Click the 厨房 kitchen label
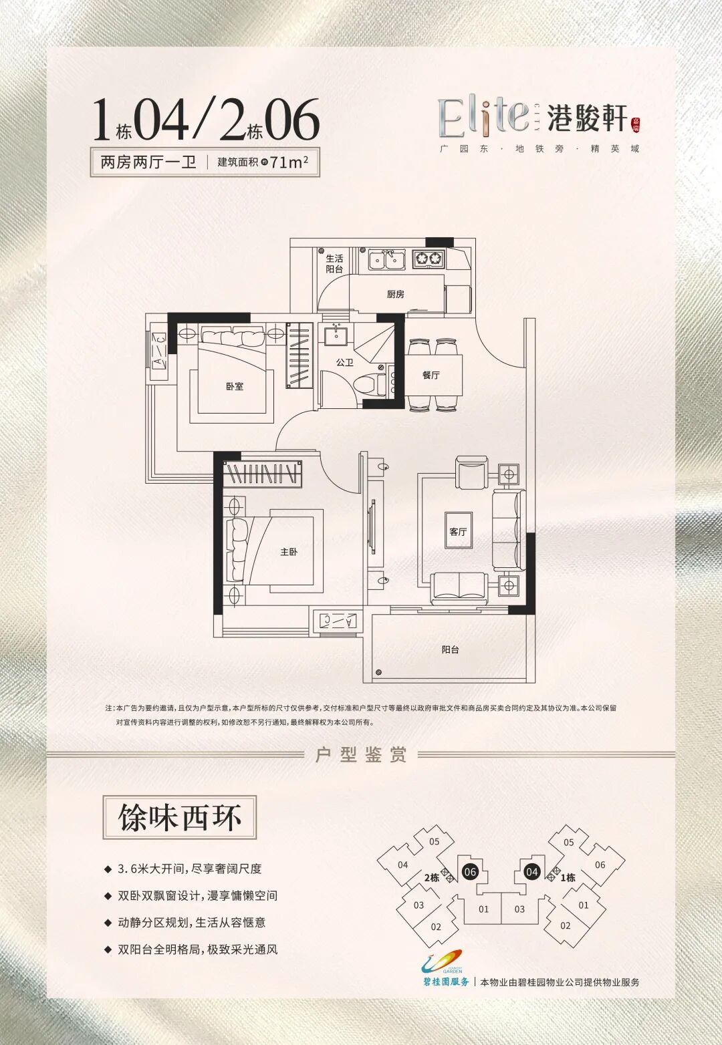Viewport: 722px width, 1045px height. (395, 294)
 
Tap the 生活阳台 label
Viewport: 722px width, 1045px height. (334, 264)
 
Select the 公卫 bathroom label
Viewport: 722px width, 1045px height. (344, 363)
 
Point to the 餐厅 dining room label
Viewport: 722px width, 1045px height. (431, 375)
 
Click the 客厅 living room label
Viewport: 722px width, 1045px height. (458, 532)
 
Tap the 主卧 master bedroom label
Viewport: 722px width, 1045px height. (289, 552)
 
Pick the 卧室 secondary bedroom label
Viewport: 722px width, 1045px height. (235, 386)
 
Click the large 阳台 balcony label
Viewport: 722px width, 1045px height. (450, 649)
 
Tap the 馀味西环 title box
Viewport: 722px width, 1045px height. (179, 817)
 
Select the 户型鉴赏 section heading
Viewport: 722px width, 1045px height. (361, 755)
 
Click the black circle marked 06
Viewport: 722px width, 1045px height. (469, 871)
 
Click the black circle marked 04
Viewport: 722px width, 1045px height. (532, 871)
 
